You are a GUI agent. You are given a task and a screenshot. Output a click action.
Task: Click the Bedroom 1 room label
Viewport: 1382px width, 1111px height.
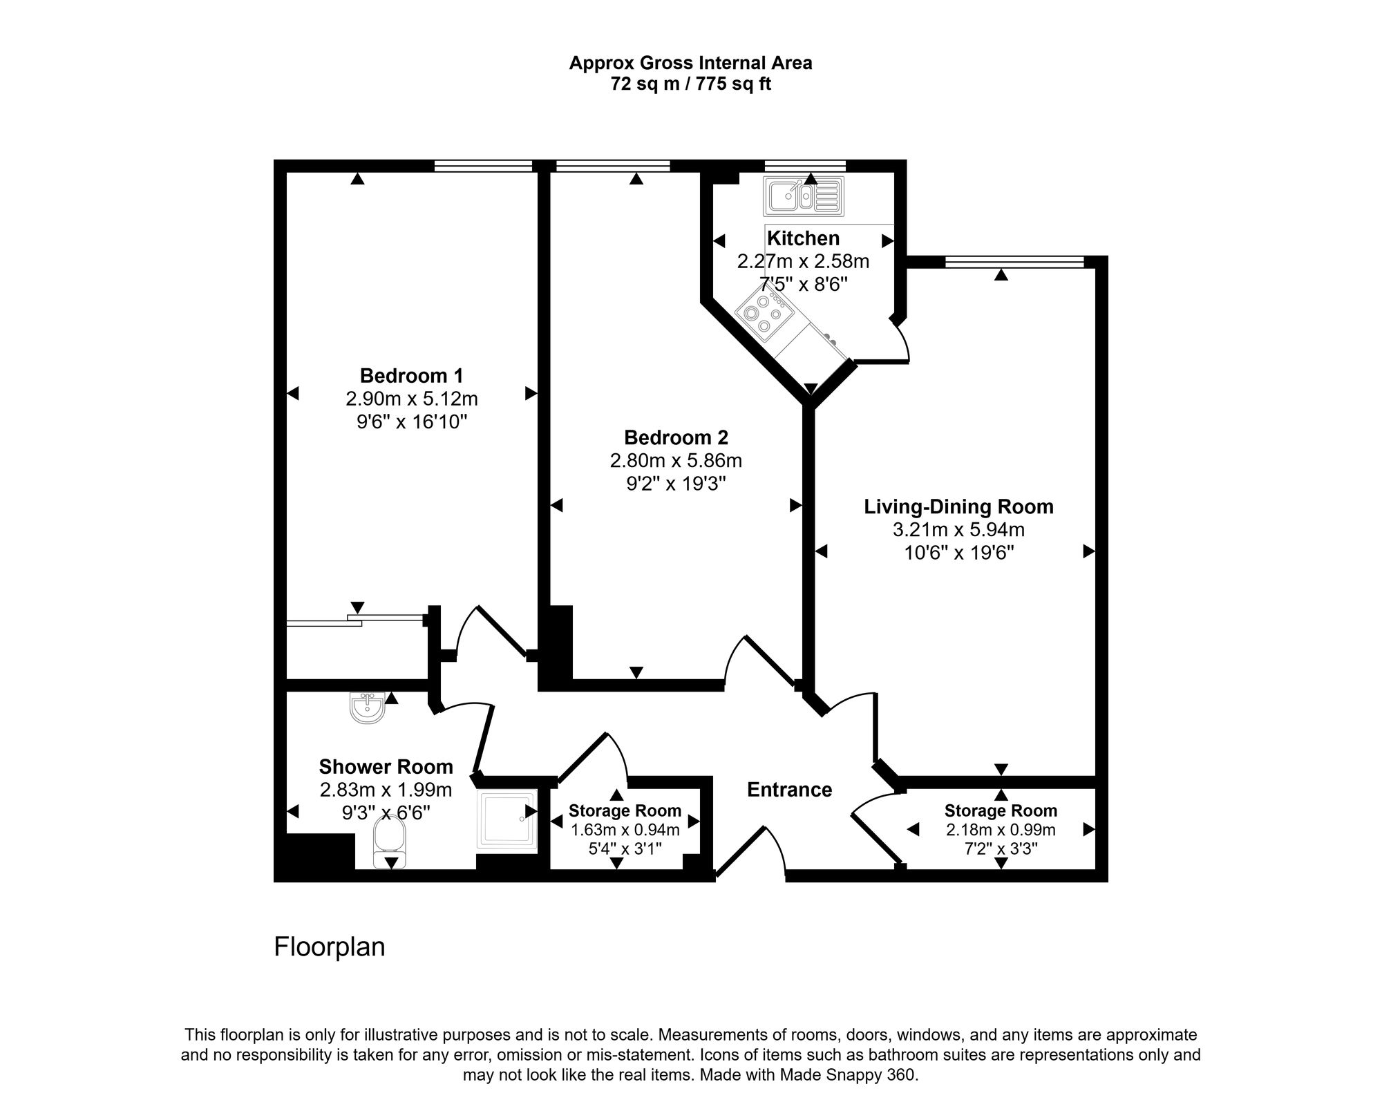pos(411,376)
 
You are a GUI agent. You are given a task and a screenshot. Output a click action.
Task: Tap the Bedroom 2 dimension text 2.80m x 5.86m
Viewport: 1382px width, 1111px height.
pos(675,460)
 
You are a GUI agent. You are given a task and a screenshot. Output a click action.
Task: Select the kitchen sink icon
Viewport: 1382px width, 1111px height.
pos(804,196)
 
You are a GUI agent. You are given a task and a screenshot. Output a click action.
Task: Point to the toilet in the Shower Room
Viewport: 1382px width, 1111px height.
pos(389,843)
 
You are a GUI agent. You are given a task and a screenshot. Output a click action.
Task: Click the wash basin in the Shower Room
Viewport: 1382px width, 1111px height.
pos(367,708)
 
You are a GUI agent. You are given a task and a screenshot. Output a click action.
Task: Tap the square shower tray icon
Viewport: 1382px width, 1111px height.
pos(507,820)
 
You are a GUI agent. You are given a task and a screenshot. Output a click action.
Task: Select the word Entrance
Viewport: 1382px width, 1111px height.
pos(789,790)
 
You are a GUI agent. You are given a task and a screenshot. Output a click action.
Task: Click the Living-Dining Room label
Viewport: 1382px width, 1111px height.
pos(958,507)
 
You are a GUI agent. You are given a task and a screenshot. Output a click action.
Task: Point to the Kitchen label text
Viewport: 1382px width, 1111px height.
pos(803,238)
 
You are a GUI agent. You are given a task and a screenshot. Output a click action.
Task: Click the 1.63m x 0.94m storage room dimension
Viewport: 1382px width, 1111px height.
pos(625,830)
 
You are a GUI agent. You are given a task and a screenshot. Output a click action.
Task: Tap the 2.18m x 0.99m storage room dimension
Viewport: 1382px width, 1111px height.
pos(1000,830)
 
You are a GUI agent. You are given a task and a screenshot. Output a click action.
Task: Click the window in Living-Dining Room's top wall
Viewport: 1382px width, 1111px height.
pos(1014,262)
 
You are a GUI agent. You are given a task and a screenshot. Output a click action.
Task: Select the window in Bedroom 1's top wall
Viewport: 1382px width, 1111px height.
pos(483,166)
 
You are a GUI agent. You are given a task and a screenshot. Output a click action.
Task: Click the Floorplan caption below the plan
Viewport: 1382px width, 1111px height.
pos(329,947)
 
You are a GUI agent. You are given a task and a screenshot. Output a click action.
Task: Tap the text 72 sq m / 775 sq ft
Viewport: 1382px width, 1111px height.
pos(690,84)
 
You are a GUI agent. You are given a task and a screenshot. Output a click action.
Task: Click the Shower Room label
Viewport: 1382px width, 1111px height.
pos(386,767)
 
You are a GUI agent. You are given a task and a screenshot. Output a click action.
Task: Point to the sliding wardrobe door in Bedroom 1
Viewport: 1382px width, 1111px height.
pos(356,620)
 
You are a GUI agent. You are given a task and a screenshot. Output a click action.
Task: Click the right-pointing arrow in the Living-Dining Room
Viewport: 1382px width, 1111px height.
pos(1088,551)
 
